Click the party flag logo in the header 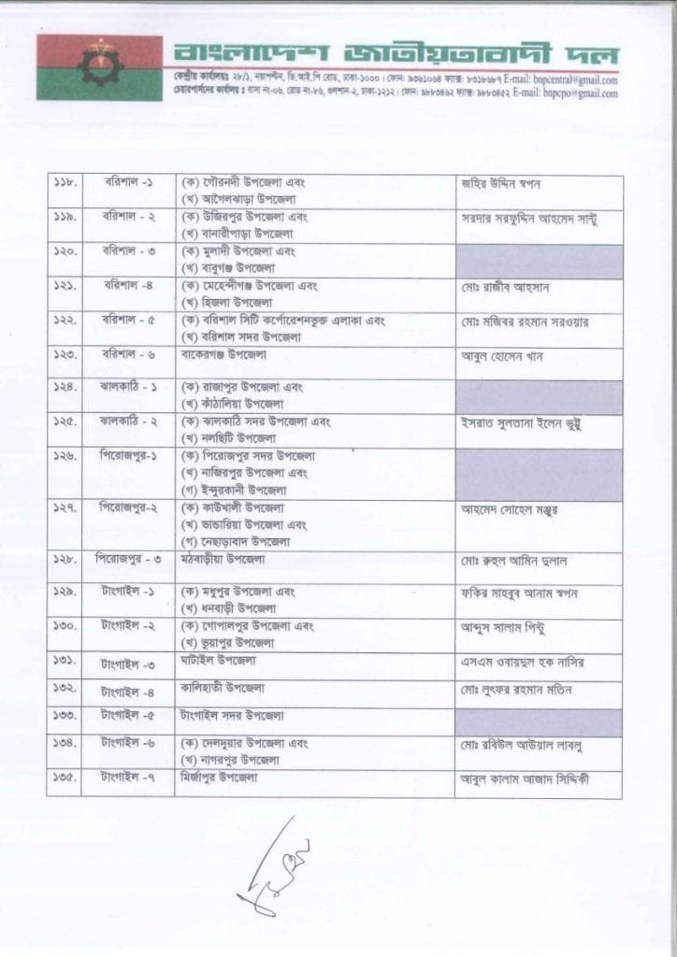tap(99, 67)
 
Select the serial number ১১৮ tap(65, 183)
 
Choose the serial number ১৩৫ tap(65, 778)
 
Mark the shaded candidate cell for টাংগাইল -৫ tap(539, 721)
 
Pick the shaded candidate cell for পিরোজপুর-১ tap(539, 474)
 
